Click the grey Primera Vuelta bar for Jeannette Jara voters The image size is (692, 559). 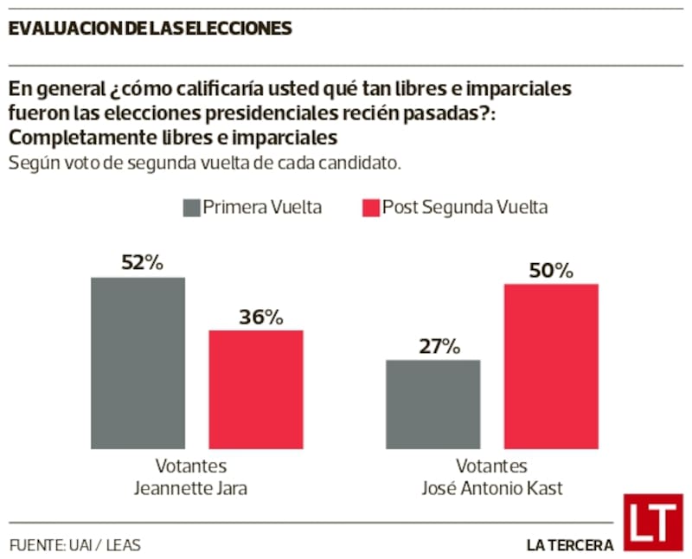pyautogui.click(x=138, y=363)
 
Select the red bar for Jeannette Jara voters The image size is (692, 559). pyautogui.click(x=256, y=389)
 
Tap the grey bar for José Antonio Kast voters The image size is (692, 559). pyautogui.click(x=432, y=404)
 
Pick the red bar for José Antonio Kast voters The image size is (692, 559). pyautogui.click(x=551, y=366)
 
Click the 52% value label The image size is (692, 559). pyautogui.click(x=138, y=263)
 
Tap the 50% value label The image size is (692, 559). pyautogui.click(x=551, y=270)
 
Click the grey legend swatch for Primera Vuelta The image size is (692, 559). pyautogui.click(x=190, y=208)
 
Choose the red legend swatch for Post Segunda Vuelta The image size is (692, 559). pyautogui.click(x=370, y=208)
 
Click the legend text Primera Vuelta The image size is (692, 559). pyautogui.click(x=262, y=208)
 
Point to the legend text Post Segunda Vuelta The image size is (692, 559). pyautogui.click(x=465, y=208)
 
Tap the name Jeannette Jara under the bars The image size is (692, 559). pyautogui.click(x=191, y=488)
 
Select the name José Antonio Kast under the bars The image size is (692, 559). pyautogui.click(x=491, y=488)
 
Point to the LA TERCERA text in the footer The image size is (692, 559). pyautogui.click(x=570, y=545)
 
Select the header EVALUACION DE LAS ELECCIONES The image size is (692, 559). pyautogui.click(x=150, y=29)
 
